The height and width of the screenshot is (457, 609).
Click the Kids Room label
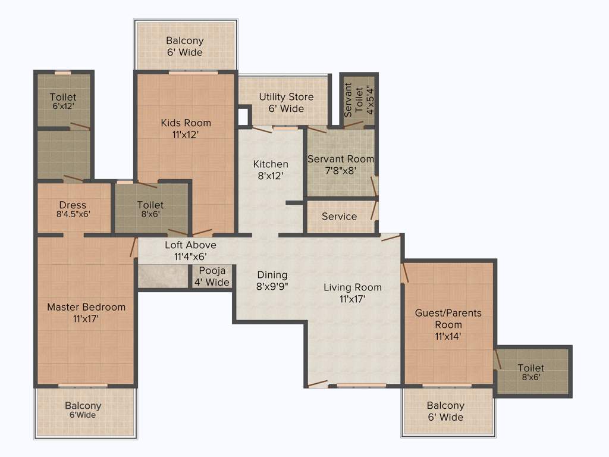(186, 123)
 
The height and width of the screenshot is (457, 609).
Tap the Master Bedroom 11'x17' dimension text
(86, 319)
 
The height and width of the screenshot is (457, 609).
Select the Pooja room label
(212, 271)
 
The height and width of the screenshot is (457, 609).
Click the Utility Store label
(286, 97)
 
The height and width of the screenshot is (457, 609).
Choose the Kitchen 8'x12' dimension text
(271, 176)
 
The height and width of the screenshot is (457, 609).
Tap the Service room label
(339, 217)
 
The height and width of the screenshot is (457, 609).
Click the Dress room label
(73, 205)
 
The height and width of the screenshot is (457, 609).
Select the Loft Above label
(190, 245)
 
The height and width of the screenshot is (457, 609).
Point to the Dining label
(272, 275)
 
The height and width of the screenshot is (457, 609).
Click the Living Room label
(352, 287)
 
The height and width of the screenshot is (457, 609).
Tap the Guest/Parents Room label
(448, 318)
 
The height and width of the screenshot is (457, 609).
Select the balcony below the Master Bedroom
(83, 410)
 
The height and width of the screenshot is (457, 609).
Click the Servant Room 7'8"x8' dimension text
(340, 171)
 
